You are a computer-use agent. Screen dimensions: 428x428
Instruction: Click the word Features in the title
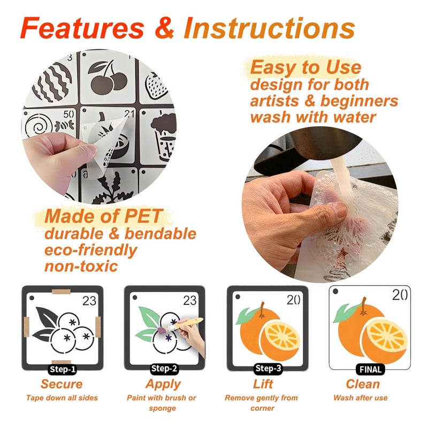(x=82, y=28)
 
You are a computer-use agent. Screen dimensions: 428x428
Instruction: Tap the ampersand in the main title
(x=164, y=27)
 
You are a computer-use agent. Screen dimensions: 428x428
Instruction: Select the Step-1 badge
(x=63, y=369)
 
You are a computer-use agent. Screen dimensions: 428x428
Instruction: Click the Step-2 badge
(x=164, y=369)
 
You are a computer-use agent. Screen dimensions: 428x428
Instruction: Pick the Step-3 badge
(x=268, y=368)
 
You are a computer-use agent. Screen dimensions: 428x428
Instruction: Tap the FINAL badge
(x=370, y=369)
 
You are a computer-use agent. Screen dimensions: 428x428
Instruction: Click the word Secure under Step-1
(x=62, y=384)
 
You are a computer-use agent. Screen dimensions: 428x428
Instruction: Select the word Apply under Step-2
(x=163, y=385)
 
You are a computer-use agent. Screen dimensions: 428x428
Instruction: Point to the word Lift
(x=263, y=384)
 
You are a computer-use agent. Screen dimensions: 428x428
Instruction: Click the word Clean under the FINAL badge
(x=363, y=384)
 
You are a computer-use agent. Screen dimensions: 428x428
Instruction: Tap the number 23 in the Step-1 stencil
(x=89, y=301)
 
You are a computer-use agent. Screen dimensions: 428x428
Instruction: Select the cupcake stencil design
(x=164, y=136)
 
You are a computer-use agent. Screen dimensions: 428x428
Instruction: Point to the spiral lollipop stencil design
(x=39, y=126)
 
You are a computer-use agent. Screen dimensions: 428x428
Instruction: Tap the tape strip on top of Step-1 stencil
(x=61, y=292)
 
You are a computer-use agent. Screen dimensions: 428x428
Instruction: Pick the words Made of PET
(x=103, y=216)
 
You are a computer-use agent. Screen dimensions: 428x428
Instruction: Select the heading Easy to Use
(x=305, y=67)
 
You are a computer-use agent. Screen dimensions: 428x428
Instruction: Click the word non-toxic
(x=81, y=266)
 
